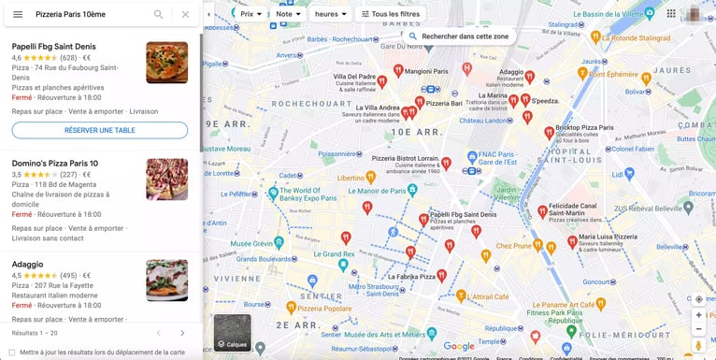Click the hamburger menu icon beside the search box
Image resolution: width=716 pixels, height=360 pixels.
tap(18, 14)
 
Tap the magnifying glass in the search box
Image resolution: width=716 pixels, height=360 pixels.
tap(158, 14)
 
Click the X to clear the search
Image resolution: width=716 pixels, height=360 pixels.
tap(185, 14)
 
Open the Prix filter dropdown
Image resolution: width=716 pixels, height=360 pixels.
tap(251, 14)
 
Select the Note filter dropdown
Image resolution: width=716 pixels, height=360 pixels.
tap(288, 14)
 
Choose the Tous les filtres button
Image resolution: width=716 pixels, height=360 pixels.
tap(391, 14)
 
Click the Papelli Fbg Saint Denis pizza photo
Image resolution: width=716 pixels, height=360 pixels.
tap(166, 63)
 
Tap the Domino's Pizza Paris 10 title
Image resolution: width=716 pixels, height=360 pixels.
tap(55, 164)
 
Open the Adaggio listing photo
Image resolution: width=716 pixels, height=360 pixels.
tap(166, 280)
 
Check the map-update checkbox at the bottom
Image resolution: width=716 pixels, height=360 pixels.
tap(12, 353)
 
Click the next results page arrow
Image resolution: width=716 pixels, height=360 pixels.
tap(182, 333)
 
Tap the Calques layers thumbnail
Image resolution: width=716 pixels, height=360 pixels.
tap(232, 332)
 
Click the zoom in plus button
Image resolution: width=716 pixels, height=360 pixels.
tap(698, 315)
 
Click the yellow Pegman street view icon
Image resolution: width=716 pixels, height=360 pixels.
tap(698, 345)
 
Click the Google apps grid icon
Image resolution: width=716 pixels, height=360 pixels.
tap(671, 14)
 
